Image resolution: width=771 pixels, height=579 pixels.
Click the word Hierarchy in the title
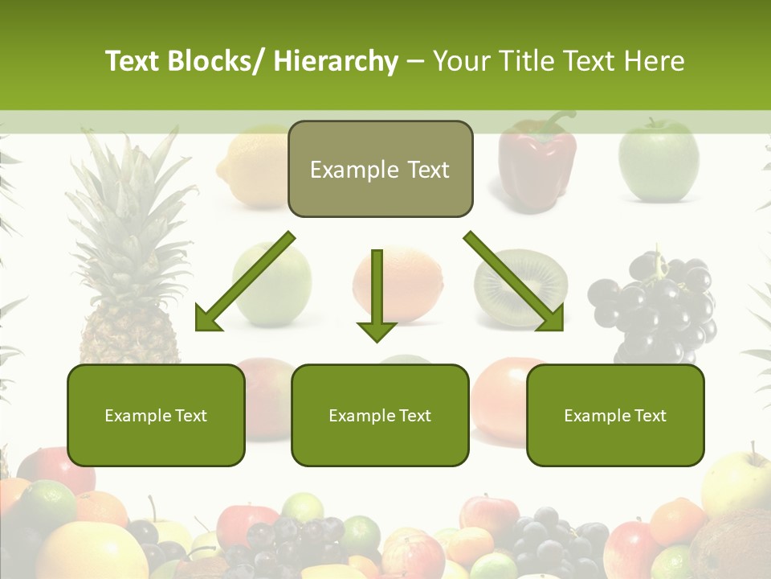pos(336,61)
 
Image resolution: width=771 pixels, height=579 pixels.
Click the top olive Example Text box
pos(380,170)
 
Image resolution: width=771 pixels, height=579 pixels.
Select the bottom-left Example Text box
pos(156,416)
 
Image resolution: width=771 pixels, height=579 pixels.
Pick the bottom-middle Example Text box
pos(380,416)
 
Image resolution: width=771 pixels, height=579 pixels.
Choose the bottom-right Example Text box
pos(615,416)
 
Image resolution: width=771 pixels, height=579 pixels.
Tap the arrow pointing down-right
pos(515,282)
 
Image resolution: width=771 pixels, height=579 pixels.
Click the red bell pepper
pos(536,165)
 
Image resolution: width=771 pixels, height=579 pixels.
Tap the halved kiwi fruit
pos(521,286)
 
